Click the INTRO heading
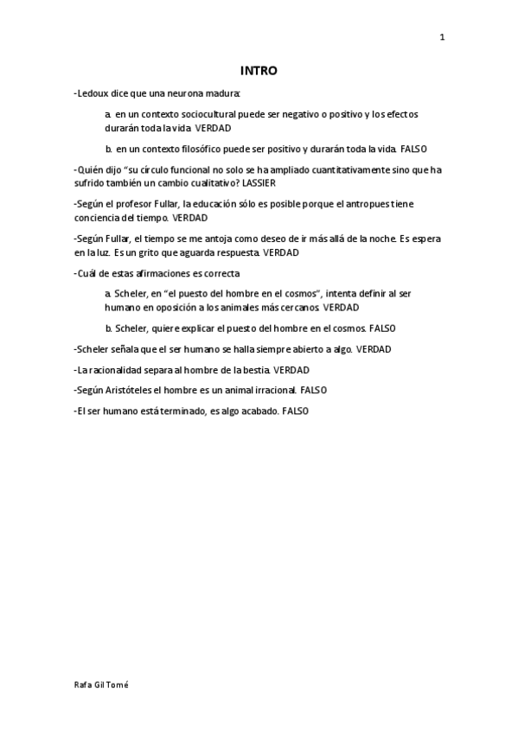tap(259, 71)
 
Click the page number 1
tap(442, 37)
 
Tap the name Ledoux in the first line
tap(92, 92)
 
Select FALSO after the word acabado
tap(295, 411)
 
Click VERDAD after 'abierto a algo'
tap(374, 349)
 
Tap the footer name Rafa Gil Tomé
tap(102, 684)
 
